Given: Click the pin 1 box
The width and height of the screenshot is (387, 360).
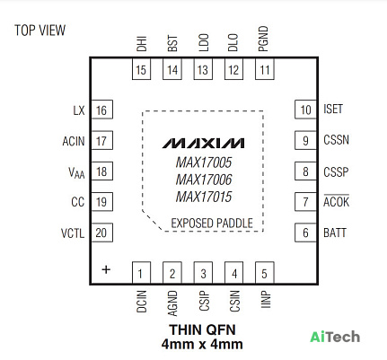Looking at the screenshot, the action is click(141, 272).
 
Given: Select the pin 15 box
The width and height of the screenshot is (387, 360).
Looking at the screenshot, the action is click(141, 69).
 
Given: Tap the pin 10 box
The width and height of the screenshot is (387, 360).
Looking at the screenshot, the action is click(305, 110).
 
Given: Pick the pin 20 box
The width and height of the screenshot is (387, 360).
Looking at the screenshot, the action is click(101, 233).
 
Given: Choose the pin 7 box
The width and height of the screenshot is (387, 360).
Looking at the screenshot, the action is click(305, 202).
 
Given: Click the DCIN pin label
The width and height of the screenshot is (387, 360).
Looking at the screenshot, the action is click(142, 302).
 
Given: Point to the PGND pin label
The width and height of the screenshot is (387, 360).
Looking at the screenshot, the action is click(263, 39).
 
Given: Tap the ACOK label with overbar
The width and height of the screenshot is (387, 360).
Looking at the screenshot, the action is click(336, 201).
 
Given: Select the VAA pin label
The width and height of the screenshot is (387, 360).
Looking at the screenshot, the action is click(76, 172).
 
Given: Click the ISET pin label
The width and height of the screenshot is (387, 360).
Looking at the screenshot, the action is click(333, 109).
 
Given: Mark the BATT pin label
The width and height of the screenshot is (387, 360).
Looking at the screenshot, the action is click(335, 233).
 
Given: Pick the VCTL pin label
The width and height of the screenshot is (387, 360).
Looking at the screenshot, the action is click(73, 233).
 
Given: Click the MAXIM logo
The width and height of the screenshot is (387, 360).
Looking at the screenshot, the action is click(204, 144).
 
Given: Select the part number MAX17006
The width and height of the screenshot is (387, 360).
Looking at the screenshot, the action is click(204, 180).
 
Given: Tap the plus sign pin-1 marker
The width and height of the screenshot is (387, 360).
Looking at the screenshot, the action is click(106, 269).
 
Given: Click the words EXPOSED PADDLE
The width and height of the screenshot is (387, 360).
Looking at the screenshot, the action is click(212, 224).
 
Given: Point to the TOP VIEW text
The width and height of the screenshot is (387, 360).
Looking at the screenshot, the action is click(40, 31).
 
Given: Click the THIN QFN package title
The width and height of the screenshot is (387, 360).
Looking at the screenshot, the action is click(203, 329).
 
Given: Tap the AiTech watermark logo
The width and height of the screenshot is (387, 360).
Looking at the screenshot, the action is click(335, 337).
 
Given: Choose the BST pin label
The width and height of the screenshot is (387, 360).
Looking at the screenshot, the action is click(172, 43).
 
